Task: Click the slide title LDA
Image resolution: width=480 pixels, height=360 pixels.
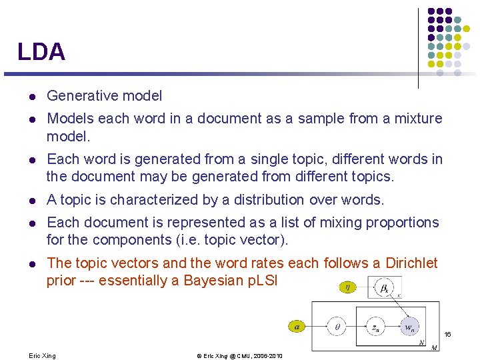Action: pyautogui.click(x=41, y=52)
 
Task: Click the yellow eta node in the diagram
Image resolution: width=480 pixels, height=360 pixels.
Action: pyautogui.click(x=347, y=287)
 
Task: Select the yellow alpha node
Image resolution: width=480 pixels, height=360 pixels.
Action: pyautogui.click(x=297, y=327)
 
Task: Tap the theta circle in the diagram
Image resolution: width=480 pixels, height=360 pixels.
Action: pyautogui.click(x=337, y=327)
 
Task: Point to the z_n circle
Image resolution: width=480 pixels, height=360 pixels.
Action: pyautogui.click(x=375, y=327)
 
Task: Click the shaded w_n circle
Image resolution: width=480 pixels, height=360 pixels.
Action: pyautogui.click(x=411, y=327)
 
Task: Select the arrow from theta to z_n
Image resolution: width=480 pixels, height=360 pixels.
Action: pyautogui.click(x=356, y=327)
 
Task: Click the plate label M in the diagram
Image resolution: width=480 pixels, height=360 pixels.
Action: pyautogui.click(x=434, y=347)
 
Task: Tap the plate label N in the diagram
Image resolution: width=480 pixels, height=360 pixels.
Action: pyautogui.click(x=421, y=342)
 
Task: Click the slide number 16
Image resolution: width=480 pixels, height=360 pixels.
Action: pyautogui.click(x=447, y=334)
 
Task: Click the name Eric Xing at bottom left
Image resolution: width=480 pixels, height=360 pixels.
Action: pyautogui.click(x=43, y=356)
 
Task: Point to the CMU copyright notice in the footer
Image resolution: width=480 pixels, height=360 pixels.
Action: pyautogui.click(x=239, y=356)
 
